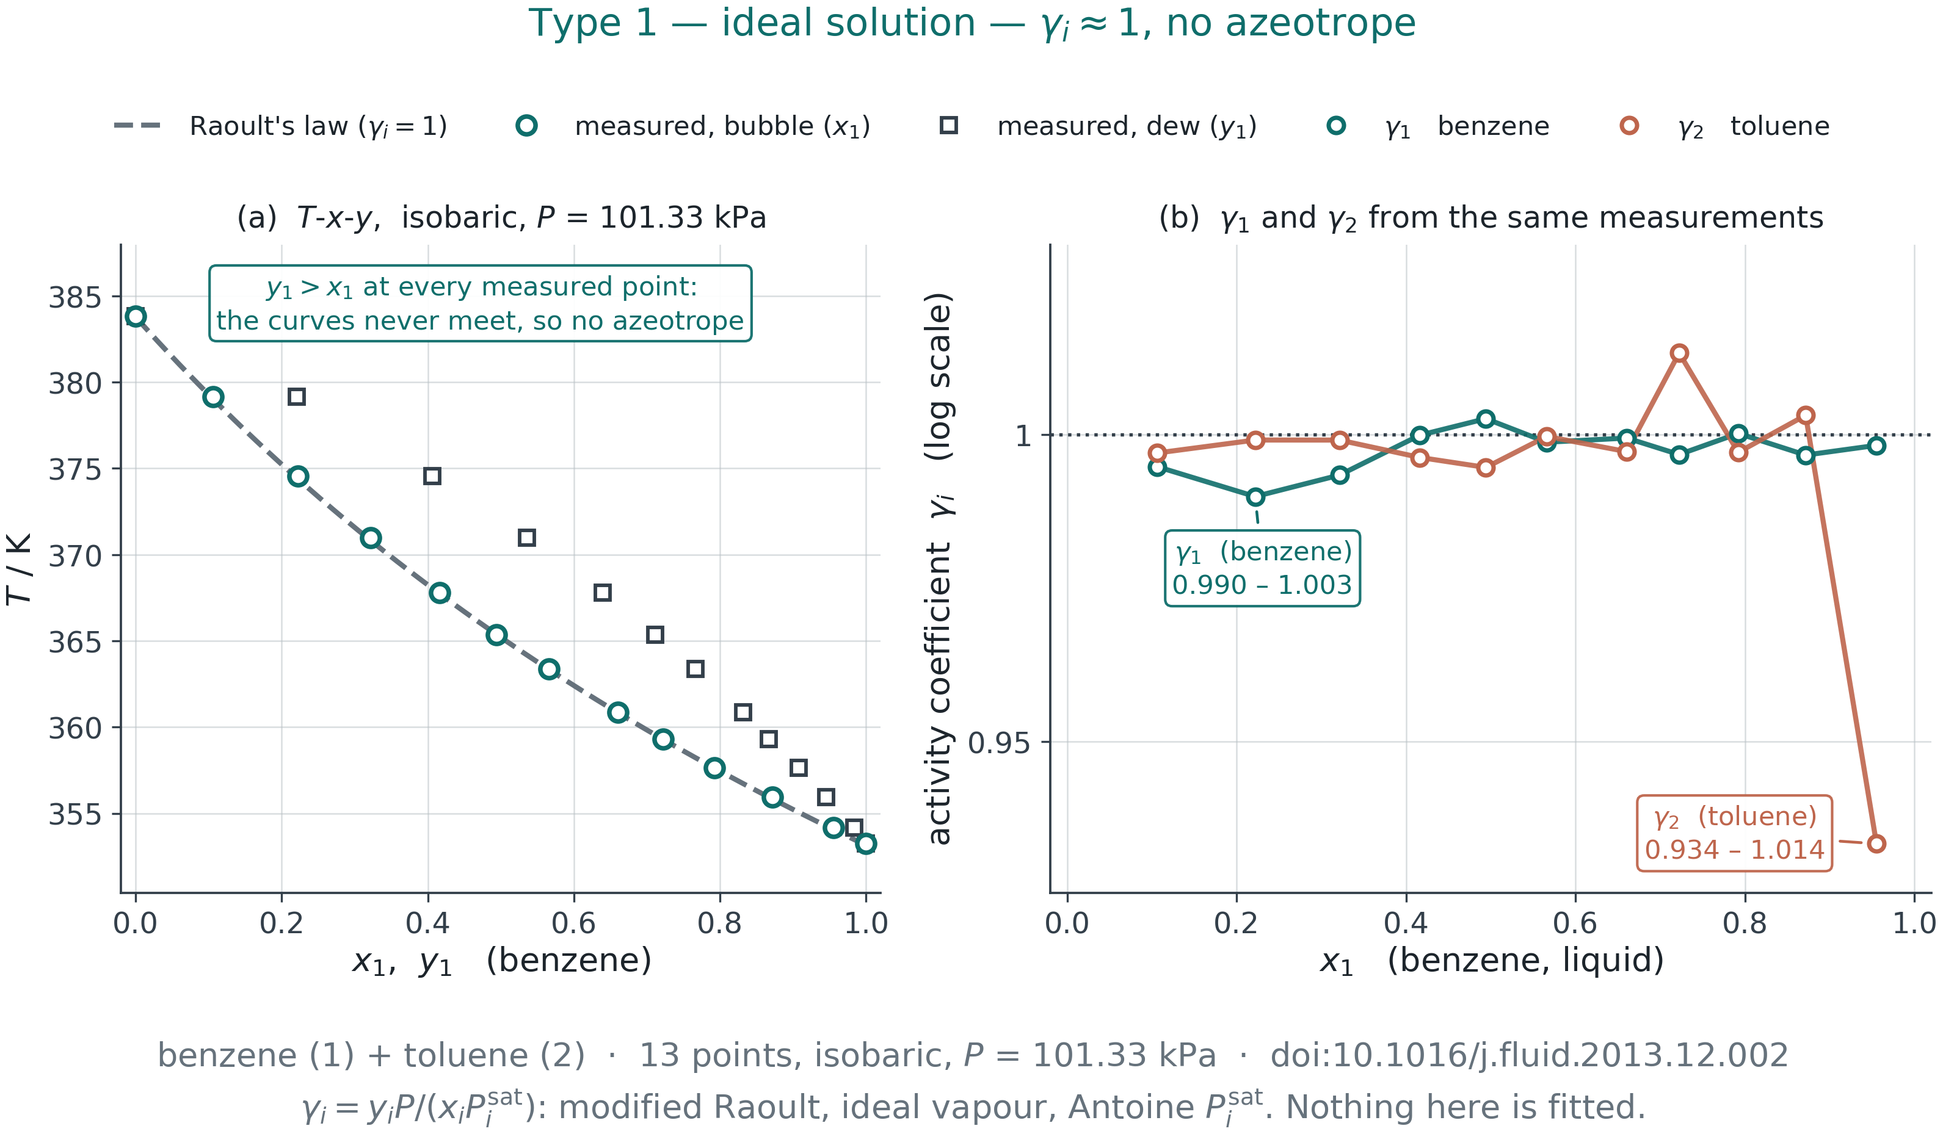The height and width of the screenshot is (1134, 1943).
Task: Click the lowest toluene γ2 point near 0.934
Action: click(1876, 843)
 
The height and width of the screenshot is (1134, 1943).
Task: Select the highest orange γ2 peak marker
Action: click(1679, 353)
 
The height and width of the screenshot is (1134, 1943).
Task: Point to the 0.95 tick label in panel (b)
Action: click(999, 742)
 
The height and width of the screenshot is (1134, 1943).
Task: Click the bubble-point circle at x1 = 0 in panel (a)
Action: click(136, 316)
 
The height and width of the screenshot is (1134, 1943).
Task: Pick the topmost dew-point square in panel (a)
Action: click(297, 397)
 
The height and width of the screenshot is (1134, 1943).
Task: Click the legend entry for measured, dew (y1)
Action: click(1098, 126)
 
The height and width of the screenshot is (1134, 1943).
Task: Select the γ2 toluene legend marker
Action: click(1629, 126)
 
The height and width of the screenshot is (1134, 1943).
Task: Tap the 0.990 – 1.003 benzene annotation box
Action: click(1262, 568)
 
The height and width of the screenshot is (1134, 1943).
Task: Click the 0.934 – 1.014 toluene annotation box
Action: click(1735, 833)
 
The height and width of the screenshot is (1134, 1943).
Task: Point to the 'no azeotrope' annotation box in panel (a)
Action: click(481, 303)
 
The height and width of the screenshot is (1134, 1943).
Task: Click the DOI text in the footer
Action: click(1530, 1055)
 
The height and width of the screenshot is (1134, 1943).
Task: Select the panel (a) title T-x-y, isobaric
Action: click(502, 217)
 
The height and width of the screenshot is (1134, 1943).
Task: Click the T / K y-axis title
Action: click(18, 569)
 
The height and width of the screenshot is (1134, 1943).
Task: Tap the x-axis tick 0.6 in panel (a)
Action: click(573, 923)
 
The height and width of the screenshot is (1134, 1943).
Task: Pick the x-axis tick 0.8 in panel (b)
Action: click(1745, 923)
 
